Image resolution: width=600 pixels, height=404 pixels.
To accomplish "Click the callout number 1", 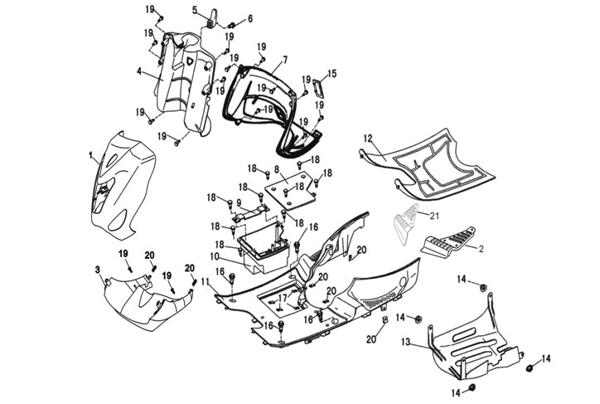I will (90, 155).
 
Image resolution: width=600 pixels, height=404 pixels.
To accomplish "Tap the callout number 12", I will (367, 137).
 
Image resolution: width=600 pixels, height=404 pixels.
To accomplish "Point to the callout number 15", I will (332, 74).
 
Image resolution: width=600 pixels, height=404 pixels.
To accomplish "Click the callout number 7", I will (284, 60).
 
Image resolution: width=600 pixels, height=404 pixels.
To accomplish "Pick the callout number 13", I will (406, 342).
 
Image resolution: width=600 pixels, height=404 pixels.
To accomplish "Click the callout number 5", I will (195, 10).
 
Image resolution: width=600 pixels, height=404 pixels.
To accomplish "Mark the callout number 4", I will (140, 71).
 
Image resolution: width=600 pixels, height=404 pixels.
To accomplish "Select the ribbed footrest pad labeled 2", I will (448, 243).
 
